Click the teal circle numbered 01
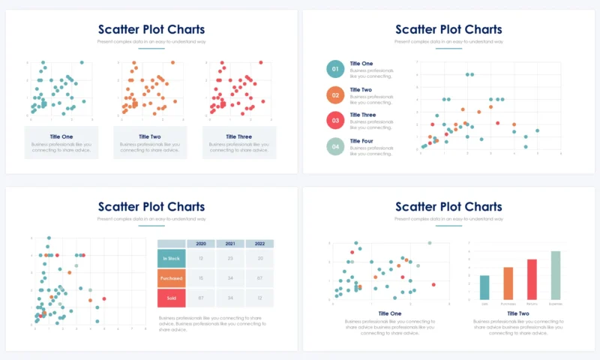[335, 70]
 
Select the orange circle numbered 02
[335, 95]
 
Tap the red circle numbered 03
[335, 120]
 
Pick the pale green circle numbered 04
[335, 145]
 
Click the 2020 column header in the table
[200, 244]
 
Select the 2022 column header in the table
[259, 244]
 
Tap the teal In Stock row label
[171, 258]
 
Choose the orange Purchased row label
[171, 278]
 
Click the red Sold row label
[171, 298]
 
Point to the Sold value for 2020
[200, 298]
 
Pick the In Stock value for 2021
[230, 258]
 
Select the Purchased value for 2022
[259, 278]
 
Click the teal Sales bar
[484, 286]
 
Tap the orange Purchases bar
[508, 283]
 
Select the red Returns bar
[532, 278]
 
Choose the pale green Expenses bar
[555, 274]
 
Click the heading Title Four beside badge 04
[361, 141]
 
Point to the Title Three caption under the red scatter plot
[238, 136]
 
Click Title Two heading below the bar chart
[518, 313]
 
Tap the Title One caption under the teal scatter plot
[61, 136]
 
